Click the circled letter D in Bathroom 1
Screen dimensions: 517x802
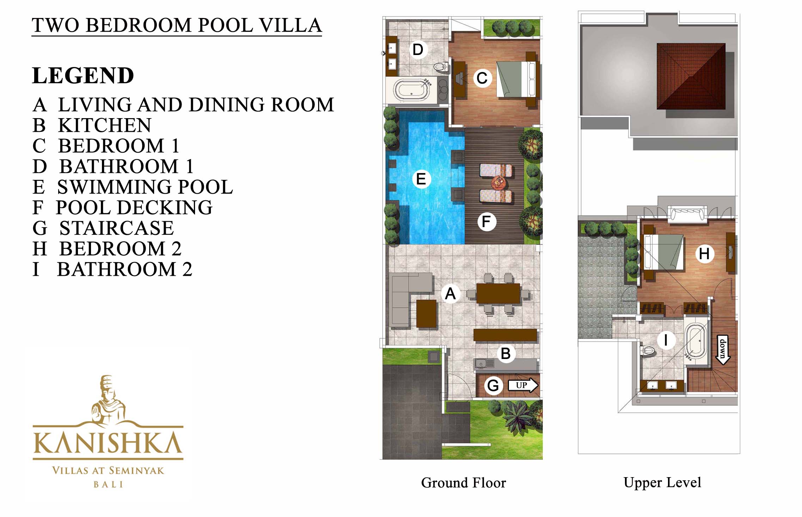coord(418,50)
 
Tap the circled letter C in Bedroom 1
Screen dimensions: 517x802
coord(482,78)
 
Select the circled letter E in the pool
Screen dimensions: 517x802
coord(421,179)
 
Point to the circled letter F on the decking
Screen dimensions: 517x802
coord(486,221)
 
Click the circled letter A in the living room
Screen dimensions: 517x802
coord(450,293)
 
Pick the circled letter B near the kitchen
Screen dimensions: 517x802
coord(506,353)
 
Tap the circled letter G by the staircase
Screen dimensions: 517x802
coord(493,385)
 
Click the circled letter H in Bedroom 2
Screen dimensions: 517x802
coord(704,254)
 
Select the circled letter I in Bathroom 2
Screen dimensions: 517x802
coord(666,340)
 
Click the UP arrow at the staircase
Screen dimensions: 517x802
coord(523,385)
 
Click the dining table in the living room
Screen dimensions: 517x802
coord(498,293)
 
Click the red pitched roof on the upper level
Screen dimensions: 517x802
coord(691,76)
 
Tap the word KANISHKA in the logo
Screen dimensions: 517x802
coord(108,443)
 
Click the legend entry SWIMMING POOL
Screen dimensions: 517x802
coord(145,187)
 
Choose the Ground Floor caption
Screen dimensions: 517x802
coord(463,483)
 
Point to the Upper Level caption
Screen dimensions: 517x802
coord(662,482)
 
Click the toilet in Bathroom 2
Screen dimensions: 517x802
coord(648,351)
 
